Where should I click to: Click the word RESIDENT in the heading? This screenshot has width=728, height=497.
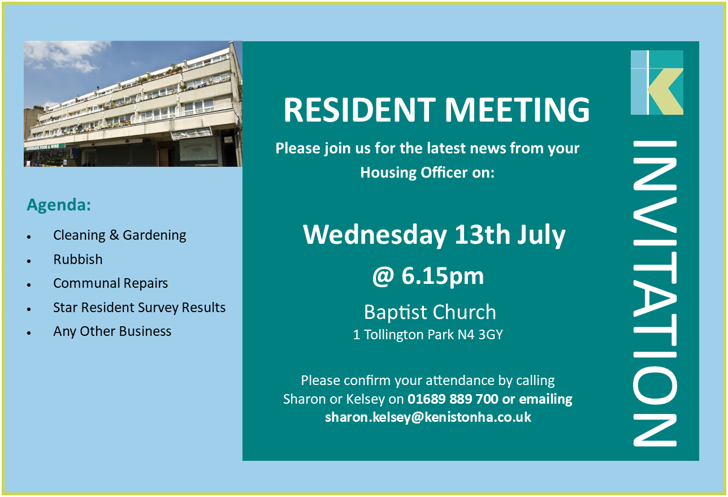coord(359,110)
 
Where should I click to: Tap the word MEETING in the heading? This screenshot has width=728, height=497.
coord(517,110)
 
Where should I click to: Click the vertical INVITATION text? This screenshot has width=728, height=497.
coord(655,293)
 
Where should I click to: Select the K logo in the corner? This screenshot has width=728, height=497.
coord(657,82)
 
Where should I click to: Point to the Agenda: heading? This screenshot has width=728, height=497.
coord(59,205)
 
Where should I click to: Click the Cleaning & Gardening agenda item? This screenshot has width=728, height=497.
coord(120,235)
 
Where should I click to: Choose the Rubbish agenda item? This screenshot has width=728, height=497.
coord(78,260)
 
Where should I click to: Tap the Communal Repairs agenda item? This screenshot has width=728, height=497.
coord(111,283)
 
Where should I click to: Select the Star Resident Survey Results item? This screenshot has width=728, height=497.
coord(139,308)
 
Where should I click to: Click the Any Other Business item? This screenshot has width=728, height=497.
coord(112,331)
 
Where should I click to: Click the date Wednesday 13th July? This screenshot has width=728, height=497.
coord(434,235)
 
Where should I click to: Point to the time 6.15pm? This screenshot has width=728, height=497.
coord(443,276)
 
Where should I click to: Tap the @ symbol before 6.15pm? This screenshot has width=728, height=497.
coord(383,276)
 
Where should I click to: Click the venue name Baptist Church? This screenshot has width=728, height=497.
coord(430,312)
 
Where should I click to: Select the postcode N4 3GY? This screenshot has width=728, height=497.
coord(480,335)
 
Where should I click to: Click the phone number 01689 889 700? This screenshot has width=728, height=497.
coord(453,399)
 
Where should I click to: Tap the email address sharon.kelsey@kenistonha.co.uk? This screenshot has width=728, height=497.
coord(428,417)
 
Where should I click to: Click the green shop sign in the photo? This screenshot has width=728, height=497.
coord(45,147)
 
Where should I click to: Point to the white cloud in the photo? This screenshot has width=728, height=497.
coord(67,56)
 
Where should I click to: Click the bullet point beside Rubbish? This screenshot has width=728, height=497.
coord(29,261)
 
